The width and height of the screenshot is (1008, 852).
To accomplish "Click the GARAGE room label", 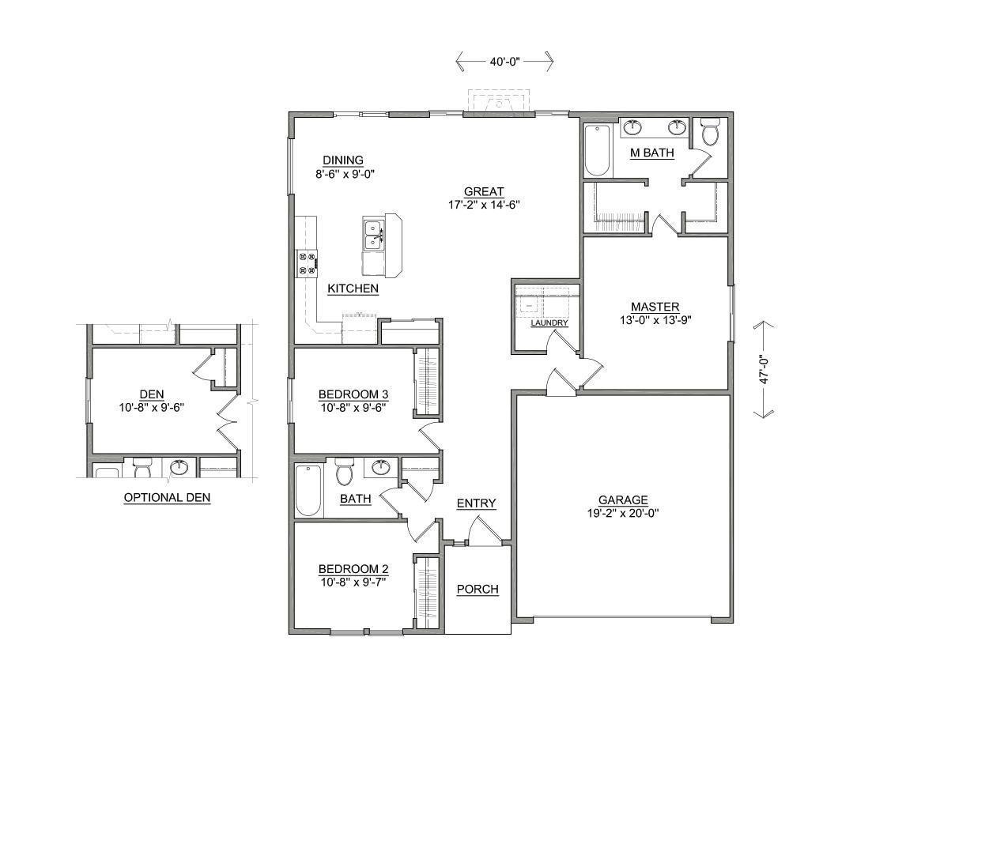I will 623,500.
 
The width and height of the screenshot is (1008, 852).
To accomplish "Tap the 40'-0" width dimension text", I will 504,61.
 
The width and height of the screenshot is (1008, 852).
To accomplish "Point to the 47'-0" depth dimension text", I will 764,369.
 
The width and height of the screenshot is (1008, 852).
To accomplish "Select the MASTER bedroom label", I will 655,307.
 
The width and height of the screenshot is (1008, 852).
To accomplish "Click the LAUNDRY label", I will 549,323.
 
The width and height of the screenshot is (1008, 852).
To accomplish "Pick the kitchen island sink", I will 372,235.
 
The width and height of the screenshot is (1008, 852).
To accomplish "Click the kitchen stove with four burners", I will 306,263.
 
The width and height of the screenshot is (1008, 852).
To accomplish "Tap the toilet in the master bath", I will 709,133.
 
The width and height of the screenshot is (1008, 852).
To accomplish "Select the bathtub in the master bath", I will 597,149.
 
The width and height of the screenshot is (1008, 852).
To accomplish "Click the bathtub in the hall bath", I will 308,490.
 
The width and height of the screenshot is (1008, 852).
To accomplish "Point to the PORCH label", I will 478,589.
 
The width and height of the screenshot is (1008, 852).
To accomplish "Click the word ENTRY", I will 476,503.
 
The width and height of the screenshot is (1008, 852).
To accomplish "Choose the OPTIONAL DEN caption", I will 167,498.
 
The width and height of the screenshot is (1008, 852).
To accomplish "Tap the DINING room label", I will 342,160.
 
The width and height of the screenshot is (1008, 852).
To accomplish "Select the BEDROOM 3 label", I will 353,394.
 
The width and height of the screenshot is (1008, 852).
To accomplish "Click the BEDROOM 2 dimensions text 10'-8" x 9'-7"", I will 353,582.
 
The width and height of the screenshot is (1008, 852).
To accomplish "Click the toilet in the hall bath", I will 344,473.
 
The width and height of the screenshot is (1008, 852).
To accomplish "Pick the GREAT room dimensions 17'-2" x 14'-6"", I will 483,205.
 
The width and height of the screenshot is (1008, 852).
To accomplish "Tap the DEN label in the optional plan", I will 152,394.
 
